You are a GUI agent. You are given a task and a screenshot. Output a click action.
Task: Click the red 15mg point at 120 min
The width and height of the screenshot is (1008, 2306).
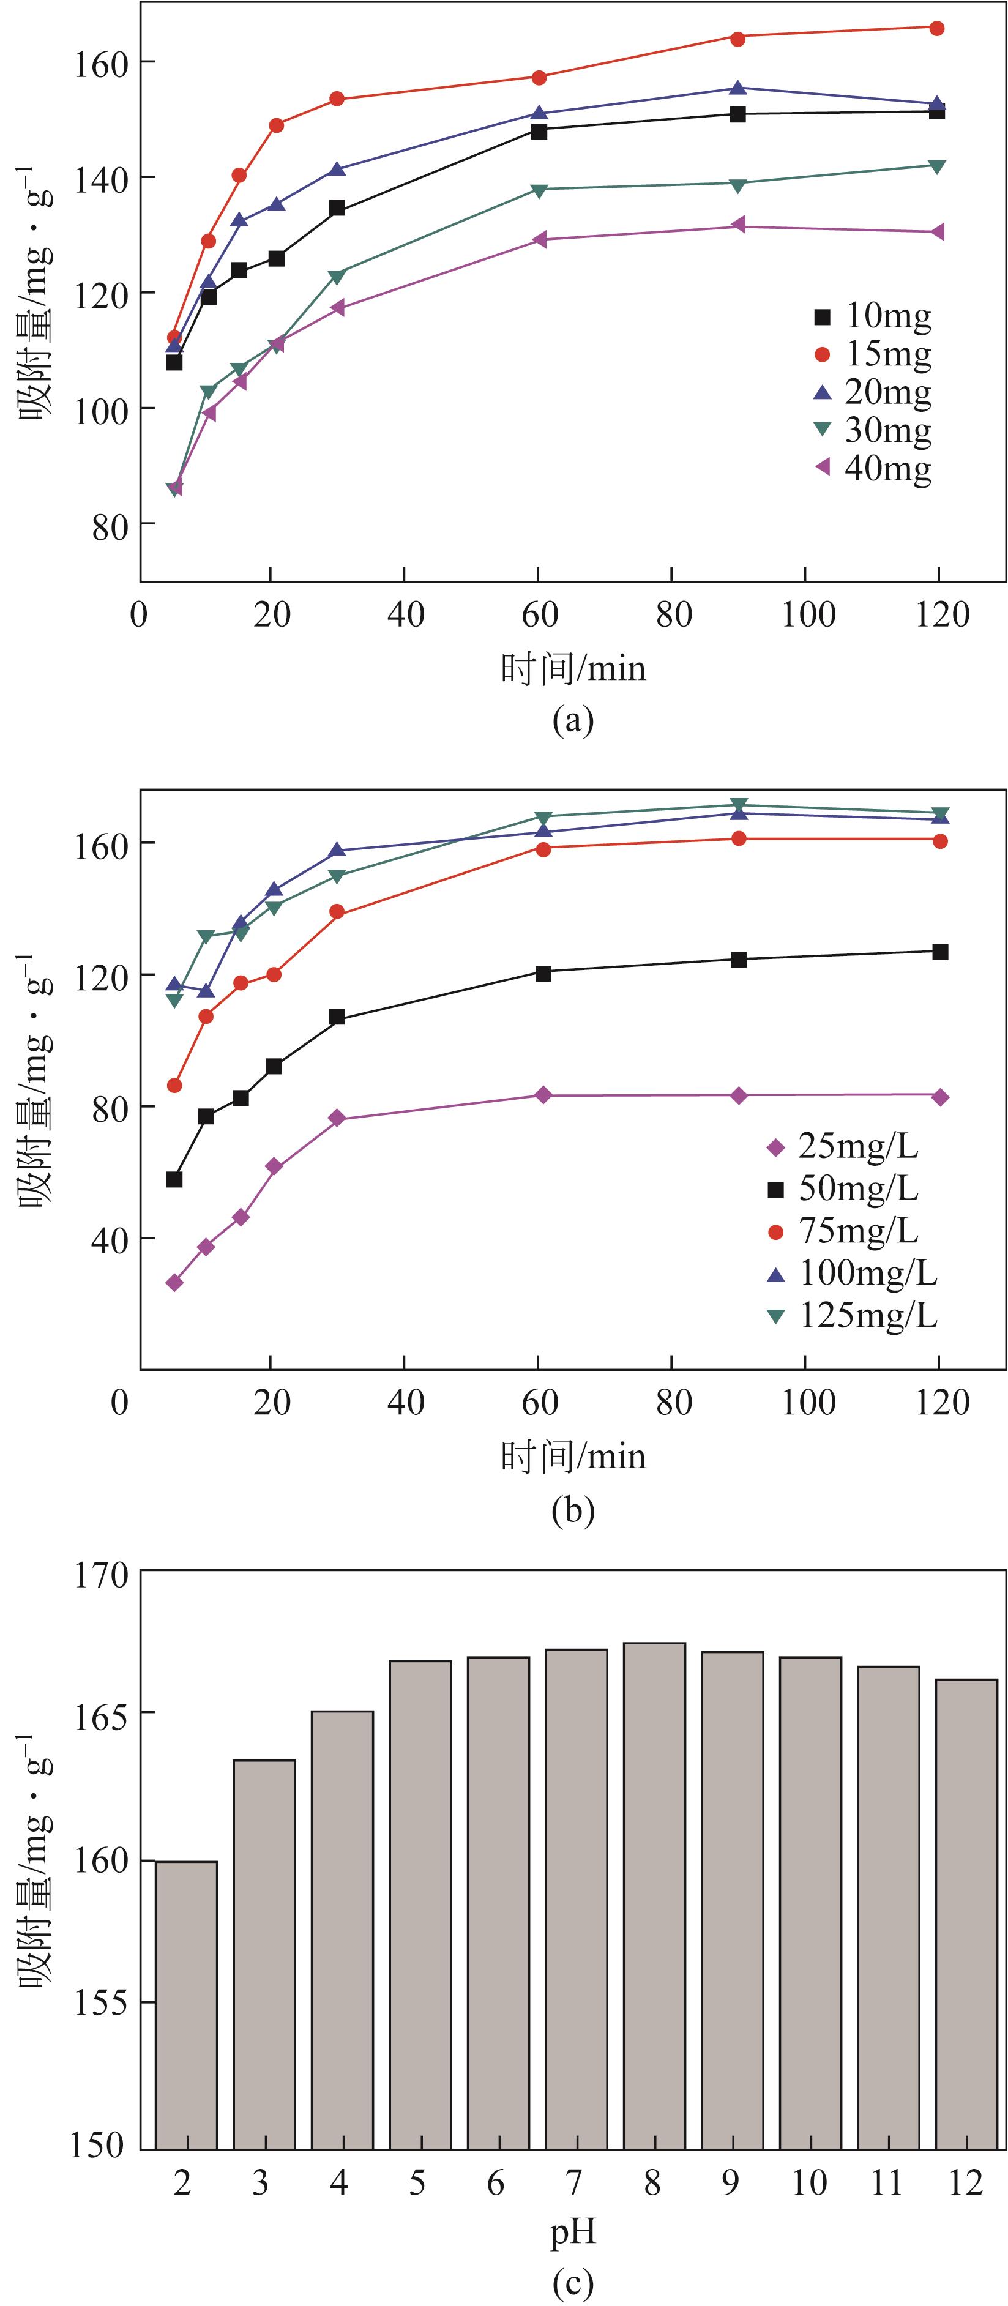(x=936, y=29)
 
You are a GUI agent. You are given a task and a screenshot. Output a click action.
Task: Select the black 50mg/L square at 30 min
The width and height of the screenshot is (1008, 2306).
(x=337, y=1017)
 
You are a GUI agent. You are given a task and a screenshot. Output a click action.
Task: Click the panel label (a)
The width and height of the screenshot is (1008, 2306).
(x=573, y=720)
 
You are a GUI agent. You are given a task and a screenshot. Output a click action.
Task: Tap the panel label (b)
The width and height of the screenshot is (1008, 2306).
(x=573, y=1510)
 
